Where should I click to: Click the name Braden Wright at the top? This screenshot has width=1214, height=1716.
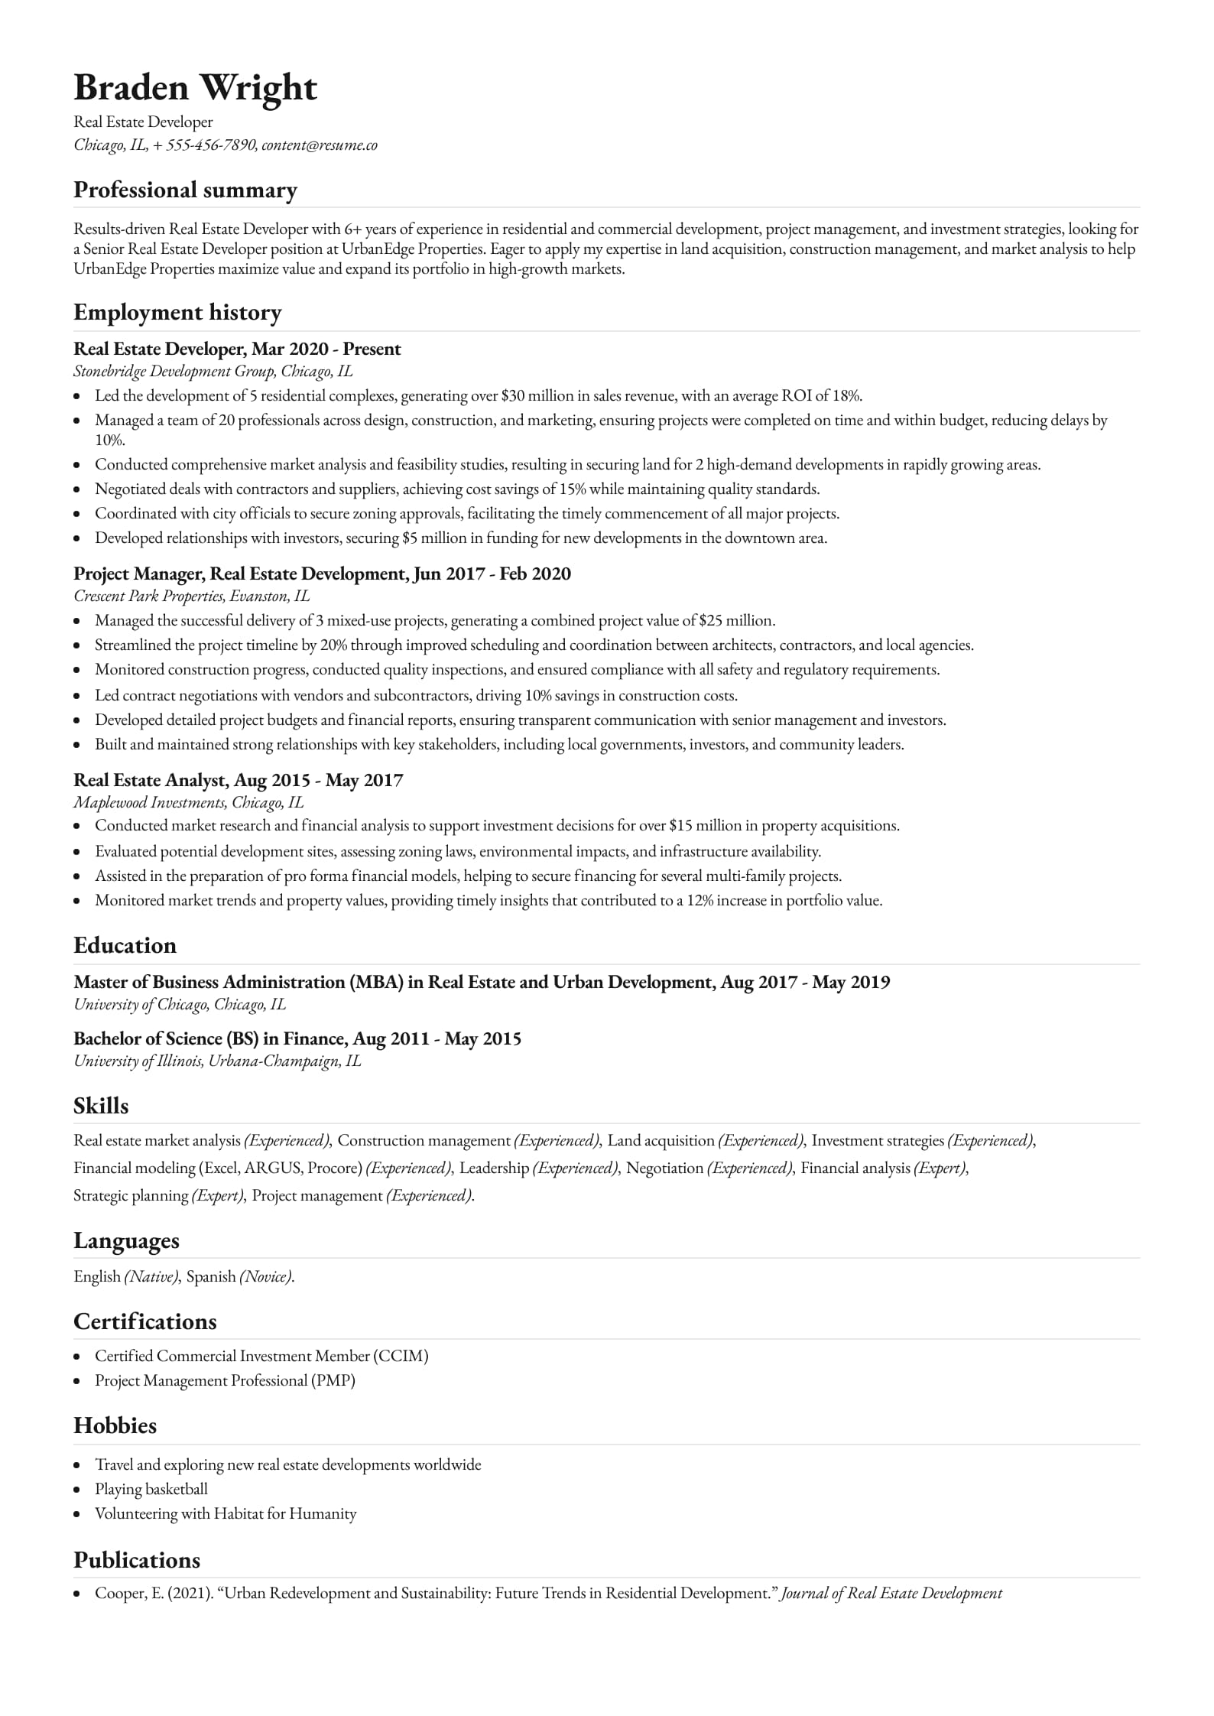click(x=195, y=88)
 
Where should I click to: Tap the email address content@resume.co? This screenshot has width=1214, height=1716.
click(x=320, y=145)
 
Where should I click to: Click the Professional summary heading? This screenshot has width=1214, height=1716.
click(x=185, y=190)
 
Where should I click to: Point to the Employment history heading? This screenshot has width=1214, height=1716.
click(x=177, y=312)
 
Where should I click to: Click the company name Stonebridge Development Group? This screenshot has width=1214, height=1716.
click(x=174, y=372)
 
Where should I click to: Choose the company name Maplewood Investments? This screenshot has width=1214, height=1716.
click(x=149, y=803)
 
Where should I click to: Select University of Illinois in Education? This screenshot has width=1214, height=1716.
click(x=138, y=1061)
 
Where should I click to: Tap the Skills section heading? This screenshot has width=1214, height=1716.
click(x=101, y=1106)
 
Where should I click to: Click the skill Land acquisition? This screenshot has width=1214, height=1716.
click(x=661, y=1141)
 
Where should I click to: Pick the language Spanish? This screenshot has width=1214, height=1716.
click(x=211, y=1276)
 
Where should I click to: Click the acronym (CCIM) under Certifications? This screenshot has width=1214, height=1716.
click(x=401, y=1357)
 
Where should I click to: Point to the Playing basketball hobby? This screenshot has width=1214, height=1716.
click(x=151, y=1490)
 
